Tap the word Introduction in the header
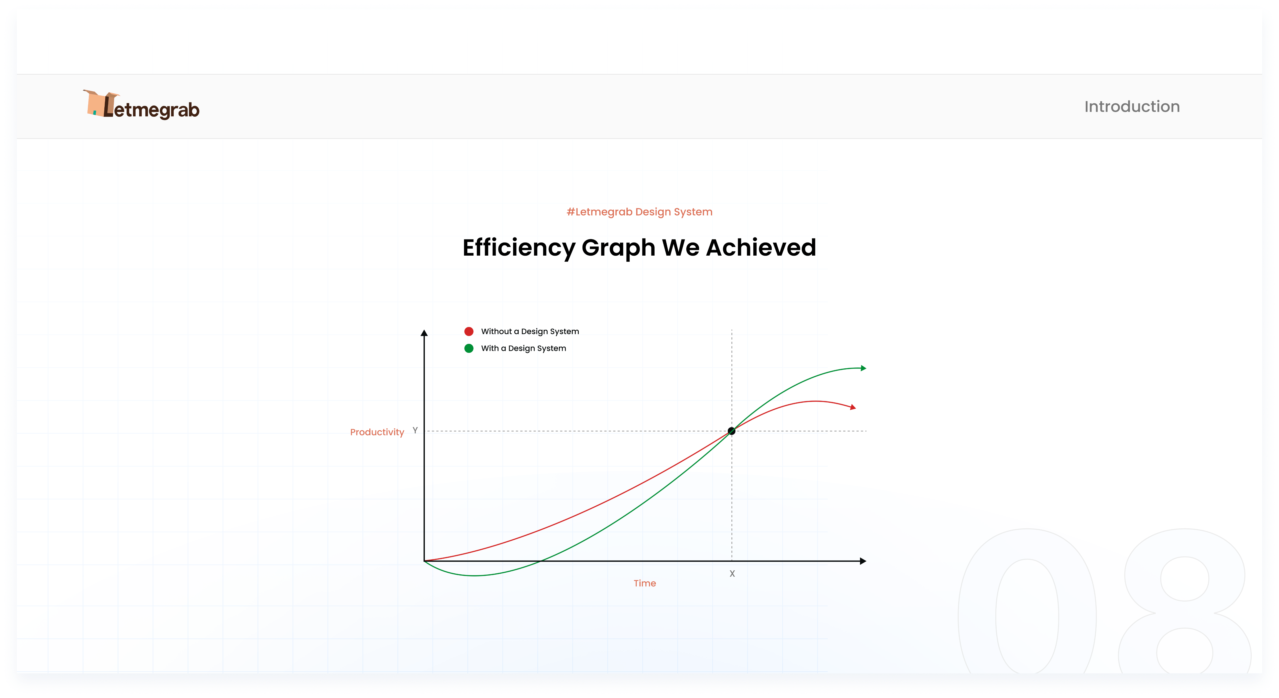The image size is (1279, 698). pyautogui.click(x=1132, y=106)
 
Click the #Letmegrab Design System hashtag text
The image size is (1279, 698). pyautogui.click(x=640, y=212)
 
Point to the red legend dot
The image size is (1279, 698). pyautogui.click(x=469, y=331)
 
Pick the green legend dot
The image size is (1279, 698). pyautogui.click(x=469, y=348)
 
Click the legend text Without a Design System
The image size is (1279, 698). pyautogui.click(x=530, y=331)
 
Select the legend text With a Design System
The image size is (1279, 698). pyautogui.click(x=523, y=348)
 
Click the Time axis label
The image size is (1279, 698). pyautogui.click(x=644, y=583)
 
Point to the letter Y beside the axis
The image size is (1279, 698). pyautogui.click(x=415, y=430)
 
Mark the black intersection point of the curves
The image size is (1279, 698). pyautogui.click(x=731, y=431)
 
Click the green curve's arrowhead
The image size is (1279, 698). pyautogui.click(x=863, y=368)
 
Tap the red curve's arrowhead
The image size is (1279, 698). pyautogui.click(x=853, y=407)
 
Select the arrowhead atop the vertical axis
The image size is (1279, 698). pyautogui.click(x=424, y=333)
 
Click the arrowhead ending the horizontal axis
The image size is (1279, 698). pyautogui.click(x=863, y=561)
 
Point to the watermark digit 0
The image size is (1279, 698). pyautogui.click(x=1027, y=601)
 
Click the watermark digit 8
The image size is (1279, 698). pyautogui.click(x=1185, y=601)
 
